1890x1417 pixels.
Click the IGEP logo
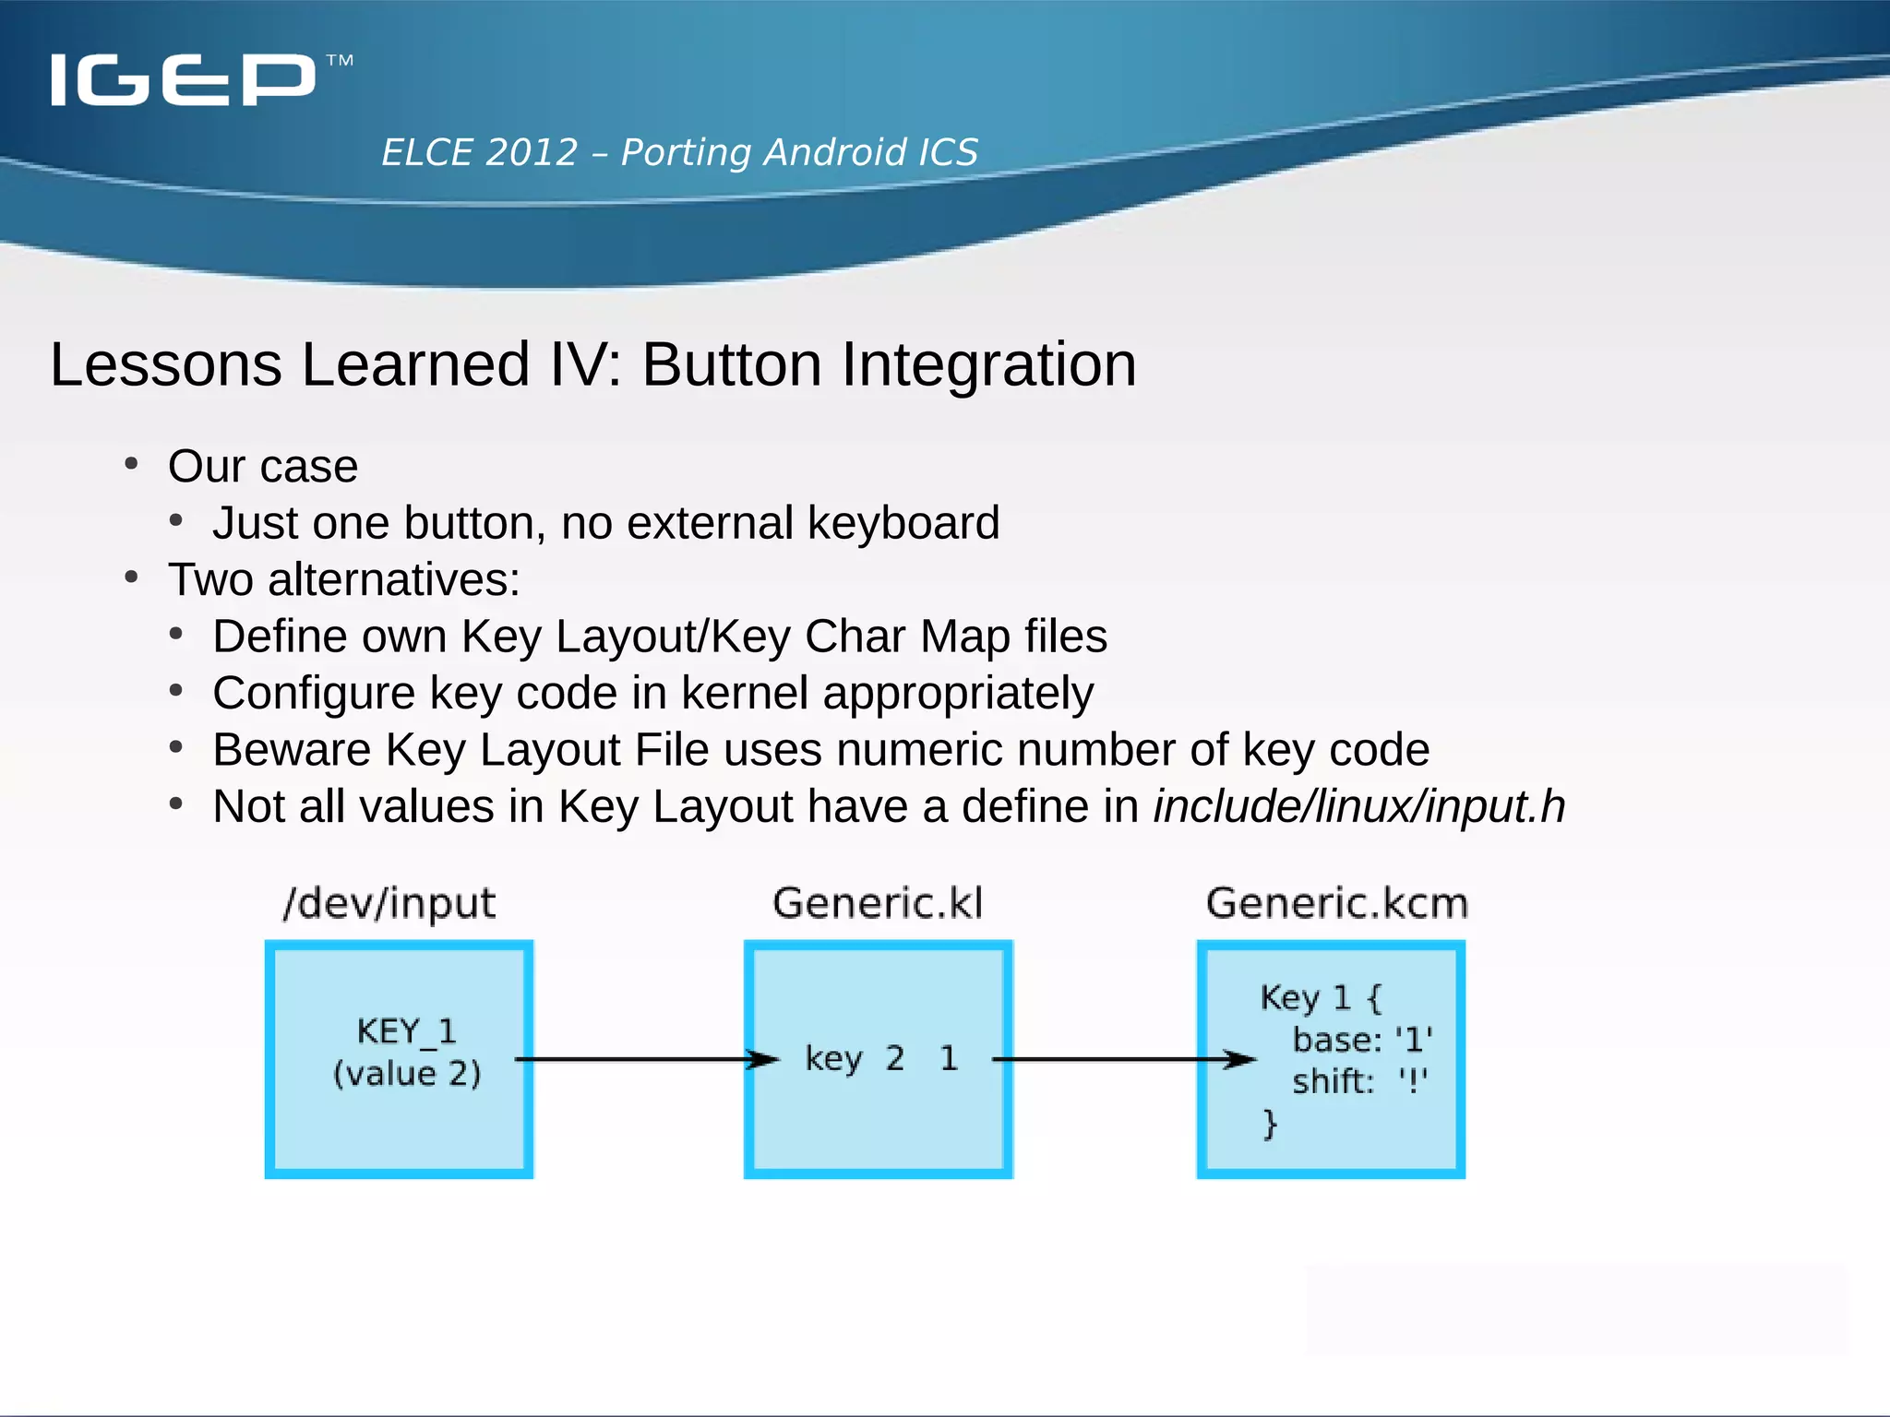183,80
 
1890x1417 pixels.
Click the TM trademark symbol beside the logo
340,61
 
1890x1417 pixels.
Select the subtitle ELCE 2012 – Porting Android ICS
679,152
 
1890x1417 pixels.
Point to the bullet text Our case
263,466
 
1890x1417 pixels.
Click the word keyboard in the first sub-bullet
903,523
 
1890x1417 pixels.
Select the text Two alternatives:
343,580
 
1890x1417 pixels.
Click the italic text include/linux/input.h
1359,806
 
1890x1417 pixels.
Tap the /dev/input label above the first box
389,903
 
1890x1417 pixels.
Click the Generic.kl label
878,903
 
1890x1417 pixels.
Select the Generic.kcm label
1336,903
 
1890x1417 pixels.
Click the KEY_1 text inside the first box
406,1031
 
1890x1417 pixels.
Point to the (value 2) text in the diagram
407,1074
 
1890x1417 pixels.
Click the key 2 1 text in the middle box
881,1058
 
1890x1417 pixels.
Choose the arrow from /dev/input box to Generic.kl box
646,1059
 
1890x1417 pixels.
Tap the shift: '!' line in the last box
1358,1081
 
